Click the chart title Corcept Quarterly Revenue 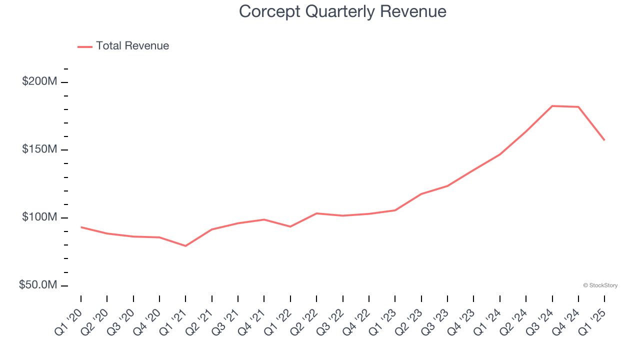point(342,11)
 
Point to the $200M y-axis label point(39,81)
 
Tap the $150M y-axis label point(39,149)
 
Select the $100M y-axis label point(39,217)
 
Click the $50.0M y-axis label point(38,285)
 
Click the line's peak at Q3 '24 point(552,106)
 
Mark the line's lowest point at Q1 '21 point(185,246)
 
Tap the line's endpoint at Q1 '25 point(604,140)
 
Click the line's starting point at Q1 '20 point(81,227)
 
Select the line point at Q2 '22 point(316,213)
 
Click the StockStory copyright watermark point(600,285)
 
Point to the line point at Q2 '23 point(421,194)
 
